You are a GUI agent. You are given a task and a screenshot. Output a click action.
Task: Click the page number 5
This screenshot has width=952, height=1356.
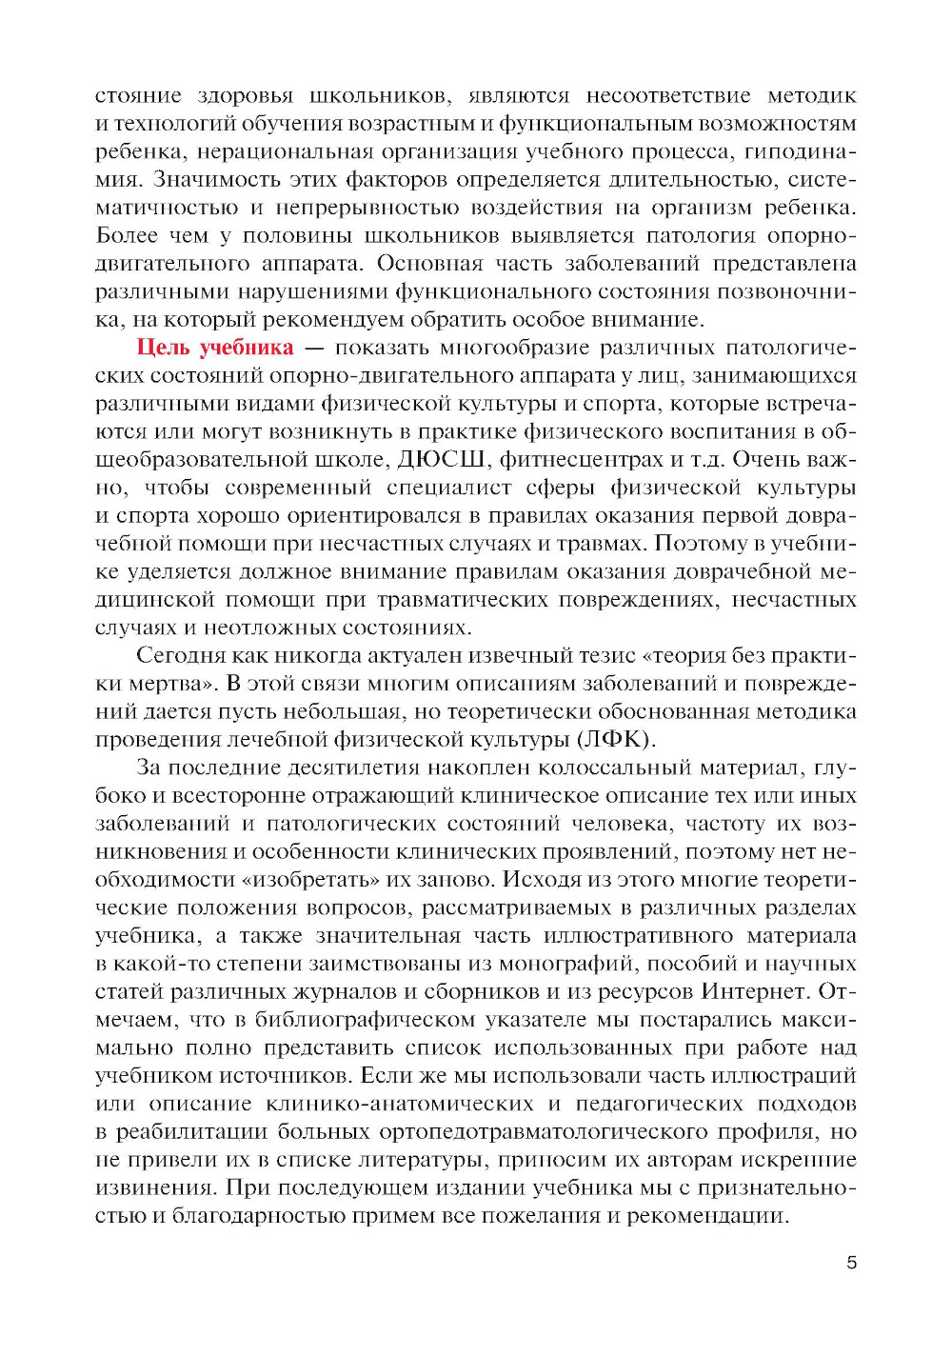coord(851,1263)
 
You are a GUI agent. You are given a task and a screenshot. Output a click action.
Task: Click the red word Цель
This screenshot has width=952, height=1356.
coord(163,348)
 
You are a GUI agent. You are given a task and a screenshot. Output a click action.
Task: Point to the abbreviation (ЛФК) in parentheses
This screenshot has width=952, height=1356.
coord(616,739)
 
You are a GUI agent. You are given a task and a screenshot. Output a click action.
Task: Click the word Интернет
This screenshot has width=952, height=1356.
coord(755,991)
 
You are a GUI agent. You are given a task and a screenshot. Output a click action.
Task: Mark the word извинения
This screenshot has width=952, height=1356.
coord(148,1187)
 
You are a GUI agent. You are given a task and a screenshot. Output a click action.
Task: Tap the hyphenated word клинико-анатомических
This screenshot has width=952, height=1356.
coord(400,1104)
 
